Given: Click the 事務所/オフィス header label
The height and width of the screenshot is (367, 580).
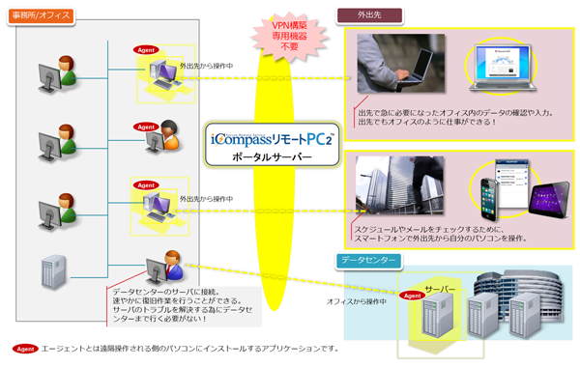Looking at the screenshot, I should coord(40,16).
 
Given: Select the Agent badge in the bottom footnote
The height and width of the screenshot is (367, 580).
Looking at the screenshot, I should coord(24,349).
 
